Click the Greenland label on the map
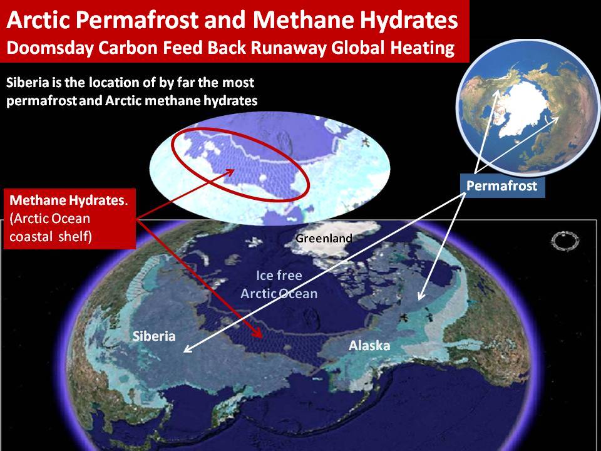(324, 238)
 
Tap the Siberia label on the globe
(154, 336)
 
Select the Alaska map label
(369, 346)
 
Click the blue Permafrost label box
(501, 186)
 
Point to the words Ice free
(279, 276)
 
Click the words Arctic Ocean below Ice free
(279, 293)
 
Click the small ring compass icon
(565, 241)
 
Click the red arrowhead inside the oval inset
(229, 172)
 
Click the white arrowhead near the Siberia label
(187, 350)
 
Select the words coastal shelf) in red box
(51, 237)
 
